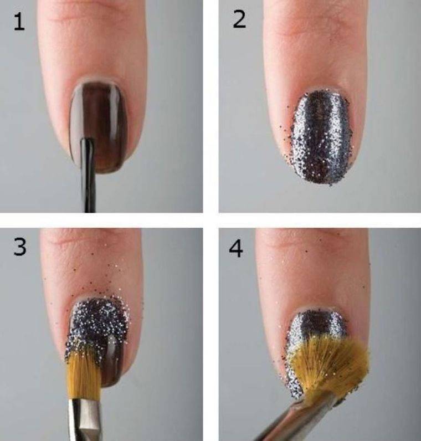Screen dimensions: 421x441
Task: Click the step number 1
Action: pyautogui.click(x=19, y=22)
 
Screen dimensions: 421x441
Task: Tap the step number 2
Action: pyautogui.click(x=239, y=19)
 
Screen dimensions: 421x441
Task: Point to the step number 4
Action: pyautogui.click(x=235, y=249)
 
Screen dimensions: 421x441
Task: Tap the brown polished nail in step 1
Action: pyautogui.click(x=99, y=126)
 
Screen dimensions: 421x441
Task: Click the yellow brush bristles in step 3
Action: pyautogui.click(x=84, y=374)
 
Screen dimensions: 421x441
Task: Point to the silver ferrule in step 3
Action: pyautogui.click(x=84, y=419)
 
